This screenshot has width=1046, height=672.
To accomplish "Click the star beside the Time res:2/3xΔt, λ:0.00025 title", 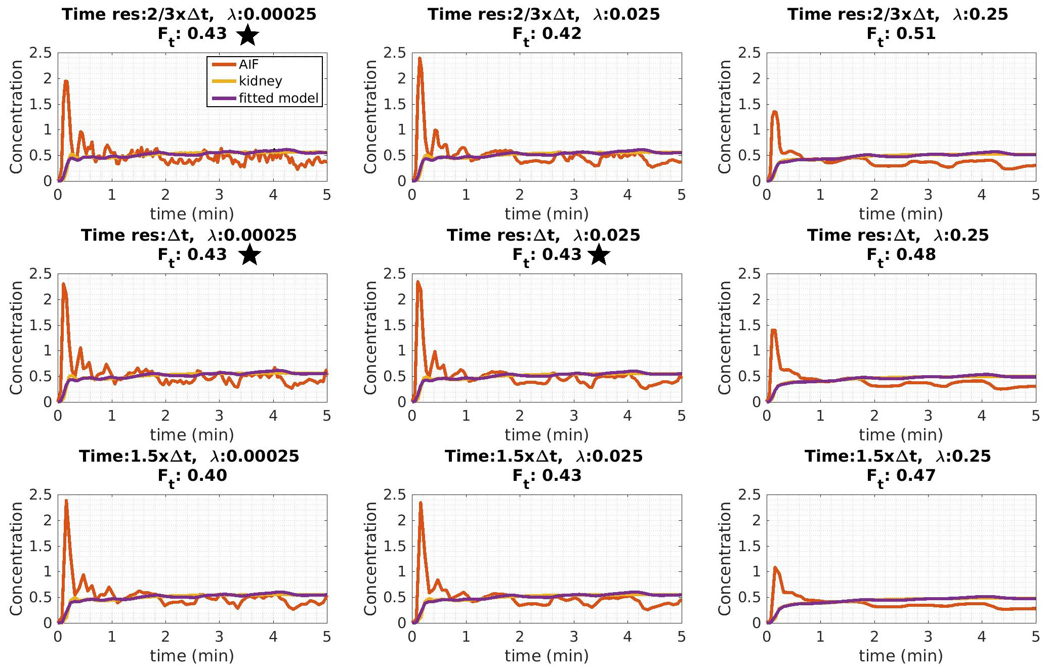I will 247,36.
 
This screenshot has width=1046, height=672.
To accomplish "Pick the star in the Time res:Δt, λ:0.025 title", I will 599,255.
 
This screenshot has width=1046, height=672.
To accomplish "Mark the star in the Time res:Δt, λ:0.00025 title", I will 249,255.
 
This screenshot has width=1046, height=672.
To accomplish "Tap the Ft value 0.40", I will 207,475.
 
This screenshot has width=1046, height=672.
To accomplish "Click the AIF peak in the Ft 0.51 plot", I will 775,112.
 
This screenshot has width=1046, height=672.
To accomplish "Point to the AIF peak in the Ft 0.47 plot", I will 775,567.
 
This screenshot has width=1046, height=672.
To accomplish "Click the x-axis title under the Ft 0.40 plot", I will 192,656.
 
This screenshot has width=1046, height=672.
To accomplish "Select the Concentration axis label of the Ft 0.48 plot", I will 725,337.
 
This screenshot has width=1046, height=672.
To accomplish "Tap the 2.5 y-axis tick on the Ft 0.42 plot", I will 395,53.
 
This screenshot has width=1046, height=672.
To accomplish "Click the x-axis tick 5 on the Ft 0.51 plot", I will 1035,195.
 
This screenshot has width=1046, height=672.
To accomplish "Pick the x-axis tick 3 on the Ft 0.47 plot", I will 928,637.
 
